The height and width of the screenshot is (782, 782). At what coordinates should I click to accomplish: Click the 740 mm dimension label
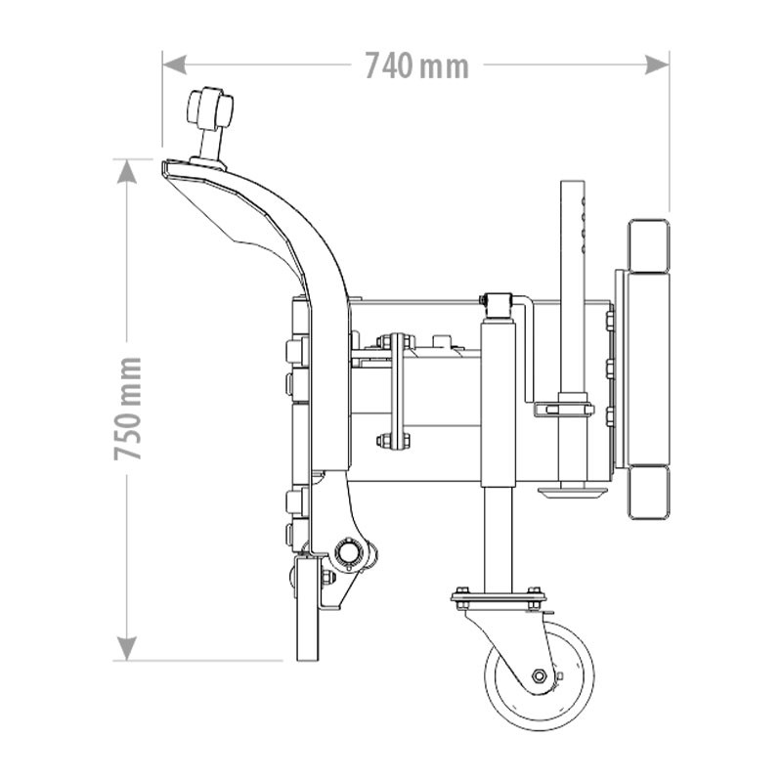coord(417,66)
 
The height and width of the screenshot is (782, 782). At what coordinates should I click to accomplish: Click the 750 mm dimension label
coord(128,409)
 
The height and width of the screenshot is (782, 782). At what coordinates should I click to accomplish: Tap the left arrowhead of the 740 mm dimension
coord(175,65)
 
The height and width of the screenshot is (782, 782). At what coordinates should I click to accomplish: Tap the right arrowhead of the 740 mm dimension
coord(657,65)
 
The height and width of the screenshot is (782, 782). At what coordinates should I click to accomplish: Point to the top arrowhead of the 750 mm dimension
coord(127,172)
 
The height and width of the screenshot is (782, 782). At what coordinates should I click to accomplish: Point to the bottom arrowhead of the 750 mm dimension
coord(127,648)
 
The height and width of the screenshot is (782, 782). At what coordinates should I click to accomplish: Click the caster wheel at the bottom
coord(540,675)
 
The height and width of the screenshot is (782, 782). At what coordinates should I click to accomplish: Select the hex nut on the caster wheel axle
coord(539,675)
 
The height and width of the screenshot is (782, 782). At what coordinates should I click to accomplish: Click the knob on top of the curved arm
coord(209,107)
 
